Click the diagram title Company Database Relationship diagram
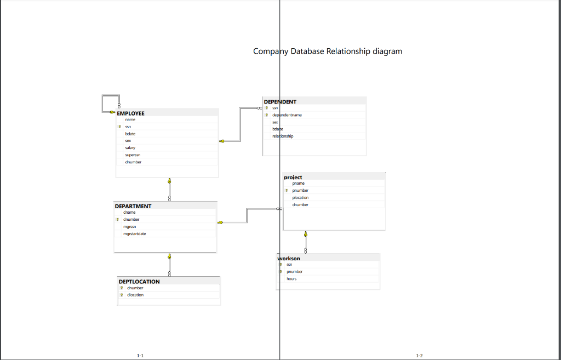coord(327,52)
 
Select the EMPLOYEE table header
coord(131,113)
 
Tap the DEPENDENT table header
coord(280,102)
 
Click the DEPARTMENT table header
coord(133,207)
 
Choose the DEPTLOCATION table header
coord(139,282)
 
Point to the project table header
coord(293,178)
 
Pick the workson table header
coord(289,258)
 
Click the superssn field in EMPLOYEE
coord(133,155)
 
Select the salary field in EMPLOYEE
coord(130,148)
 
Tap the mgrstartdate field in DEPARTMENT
coord(135,234)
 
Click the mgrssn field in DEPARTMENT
coord(130,226)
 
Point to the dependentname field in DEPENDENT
coord(287,115)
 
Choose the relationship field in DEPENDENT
coord(283,136)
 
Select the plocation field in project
coord(300,198)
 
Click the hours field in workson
coord(291,279)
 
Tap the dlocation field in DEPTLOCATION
coord(135,295)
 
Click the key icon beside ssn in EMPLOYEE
coord(119,127)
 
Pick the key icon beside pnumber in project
coord(287,191)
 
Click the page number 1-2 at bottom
coord(419,356)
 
